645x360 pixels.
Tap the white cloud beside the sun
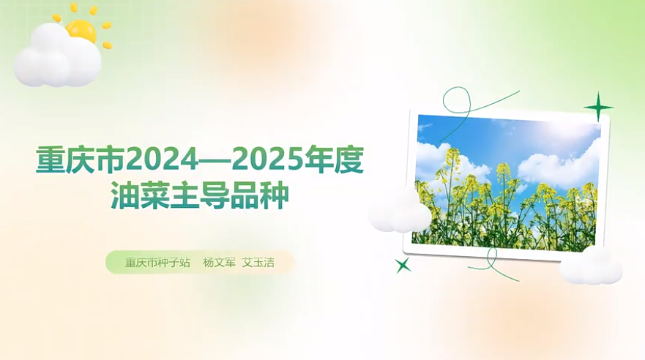click(57, 57)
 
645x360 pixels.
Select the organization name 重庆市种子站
click(157, 262)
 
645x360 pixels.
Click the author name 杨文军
click(219, 262)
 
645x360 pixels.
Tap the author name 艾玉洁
click(258, 262)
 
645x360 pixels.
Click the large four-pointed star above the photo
click(599, 108)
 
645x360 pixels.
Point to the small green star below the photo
click(403, 265)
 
